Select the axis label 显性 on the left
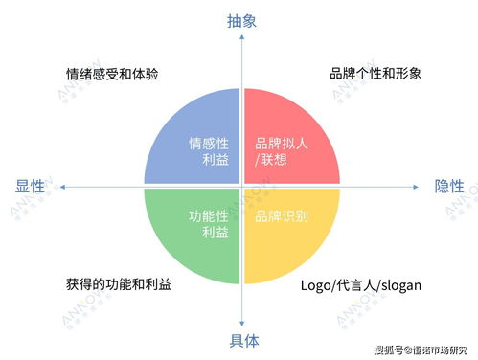pyautogui.click(x=30, y=186)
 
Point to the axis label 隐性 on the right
pyautogui.click(x=449, y=186)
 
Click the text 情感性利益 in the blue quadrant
pyautogui.click(x=209, y=152)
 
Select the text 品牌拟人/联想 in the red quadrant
pyautogui.click(x=282, y=152)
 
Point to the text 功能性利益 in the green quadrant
pyautogui.click(x=209, y=224)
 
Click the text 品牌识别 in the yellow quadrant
pyautogui.click(x=282, y=216)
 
